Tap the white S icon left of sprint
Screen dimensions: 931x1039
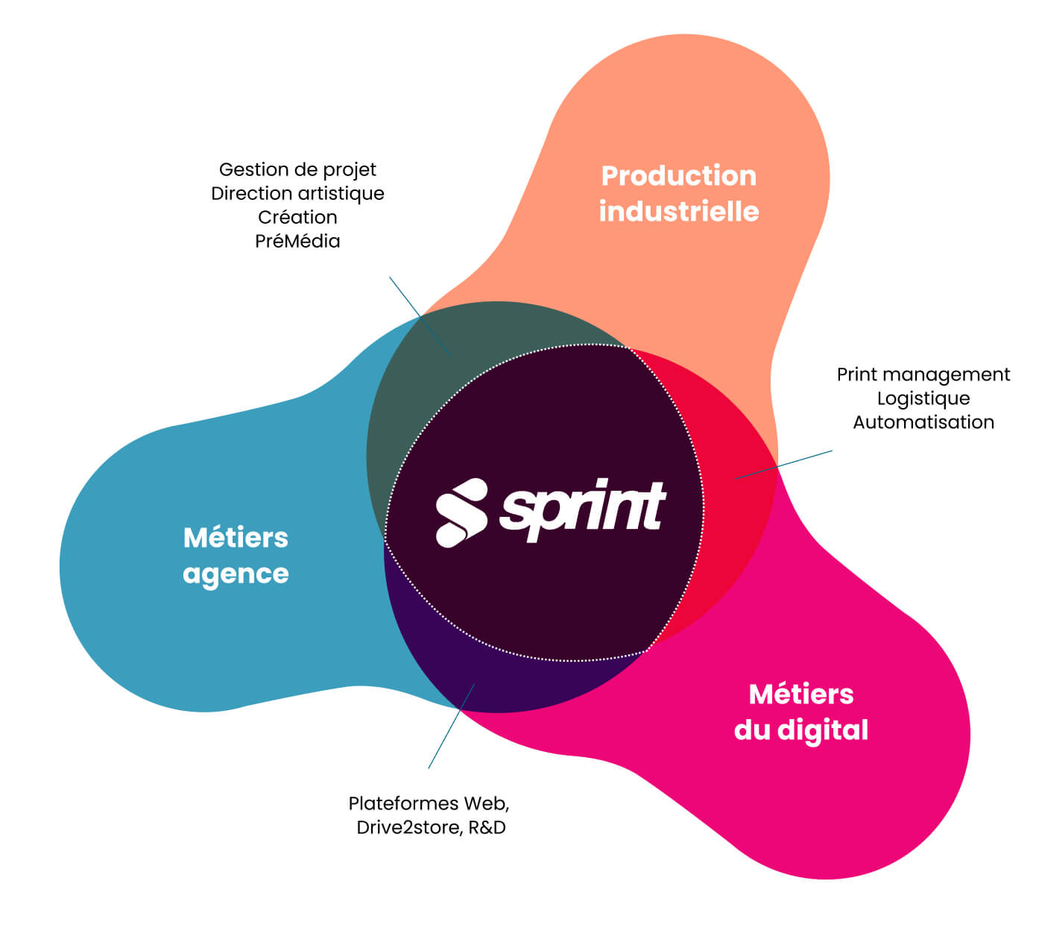pyautogui.click(x=461, y=513)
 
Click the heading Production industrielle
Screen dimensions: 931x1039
pyautogui.click(x=678, y=193)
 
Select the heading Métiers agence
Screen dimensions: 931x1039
pyautogui.click(x=236, y=555)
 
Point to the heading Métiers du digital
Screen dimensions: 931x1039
pyautogui.click(x=800, y=712)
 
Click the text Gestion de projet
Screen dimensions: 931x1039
pyautogui.click(x=297, y=169)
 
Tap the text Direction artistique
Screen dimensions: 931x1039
pyautogui.click(x=297, y=193)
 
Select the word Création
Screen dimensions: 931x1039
pyautogui.click(x=297, y=217)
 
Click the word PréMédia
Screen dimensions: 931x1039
pyautogui.click(x=297, y=241)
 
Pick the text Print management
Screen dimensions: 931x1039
pyautogui.click(x=923, y=374)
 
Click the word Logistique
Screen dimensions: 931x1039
pyautogui.click(x=923, y=398)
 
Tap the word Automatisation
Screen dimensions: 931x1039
pyautogui.click(x=923, y=422)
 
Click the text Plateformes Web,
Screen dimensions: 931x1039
pyautogui.click(x=429, y=803)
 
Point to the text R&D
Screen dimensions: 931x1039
pyautogui.click(x=487, y=827)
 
